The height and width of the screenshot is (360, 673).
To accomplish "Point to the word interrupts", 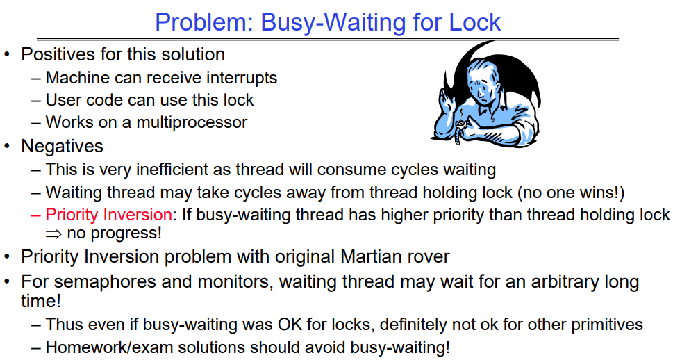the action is pos(242,78).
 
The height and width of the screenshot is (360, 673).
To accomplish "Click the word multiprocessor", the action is pos(192,122).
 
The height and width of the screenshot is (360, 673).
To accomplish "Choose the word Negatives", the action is pos(63,146).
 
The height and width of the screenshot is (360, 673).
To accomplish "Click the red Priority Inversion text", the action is pos(109,214).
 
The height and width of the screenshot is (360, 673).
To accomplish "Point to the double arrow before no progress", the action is pos(53,234).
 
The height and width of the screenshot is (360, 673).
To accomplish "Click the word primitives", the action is pos(606,325).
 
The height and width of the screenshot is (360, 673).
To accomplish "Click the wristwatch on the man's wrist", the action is pos(460,129).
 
